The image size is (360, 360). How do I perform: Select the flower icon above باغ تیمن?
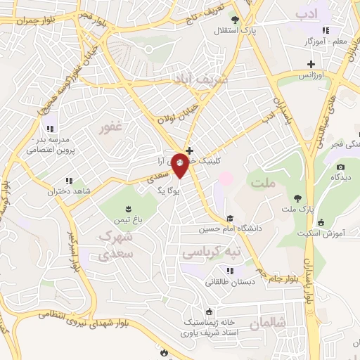click(129, 207)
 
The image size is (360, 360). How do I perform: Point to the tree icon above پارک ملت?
click(298, 198)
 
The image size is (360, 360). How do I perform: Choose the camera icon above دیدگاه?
click(341, 167)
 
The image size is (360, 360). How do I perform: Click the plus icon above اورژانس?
click(311, 64)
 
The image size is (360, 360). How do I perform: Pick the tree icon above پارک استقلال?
click(235, 20)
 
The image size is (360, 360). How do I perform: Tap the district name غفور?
click(112, 127)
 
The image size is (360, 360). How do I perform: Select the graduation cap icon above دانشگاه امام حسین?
click(230, 217)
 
